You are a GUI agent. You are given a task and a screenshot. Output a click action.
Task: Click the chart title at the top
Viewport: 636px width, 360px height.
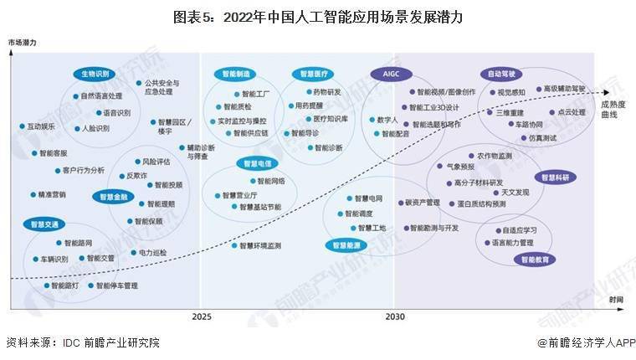point(317,16)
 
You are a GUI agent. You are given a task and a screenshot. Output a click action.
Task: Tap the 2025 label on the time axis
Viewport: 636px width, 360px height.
point(201,317)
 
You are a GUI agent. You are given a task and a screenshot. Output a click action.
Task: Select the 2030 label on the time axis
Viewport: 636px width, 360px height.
point(395,317)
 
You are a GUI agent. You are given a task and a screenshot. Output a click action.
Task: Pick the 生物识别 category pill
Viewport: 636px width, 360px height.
point(95,74)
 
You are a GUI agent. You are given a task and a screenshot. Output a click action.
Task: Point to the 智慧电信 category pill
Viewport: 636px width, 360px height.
point(255,163)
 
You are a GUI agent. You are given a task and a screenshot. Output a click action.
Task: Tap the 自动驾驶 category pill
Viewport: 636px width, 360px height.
point(502,74)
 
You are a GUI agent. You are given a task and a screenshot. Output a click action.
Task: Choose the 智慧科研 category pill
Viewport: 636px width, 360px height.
point(554,177)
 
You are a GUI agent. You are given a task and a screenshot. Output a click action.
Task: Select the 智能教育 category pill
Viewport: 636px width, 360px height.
point(536,260)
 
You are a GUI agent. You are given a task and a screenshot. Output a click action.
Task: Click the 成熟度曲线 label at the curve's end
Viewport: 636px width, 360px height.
point(615,110)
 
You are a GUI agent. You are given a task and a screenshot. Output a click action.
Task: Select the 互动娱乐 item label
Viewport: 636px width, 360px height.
point(41,126)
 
